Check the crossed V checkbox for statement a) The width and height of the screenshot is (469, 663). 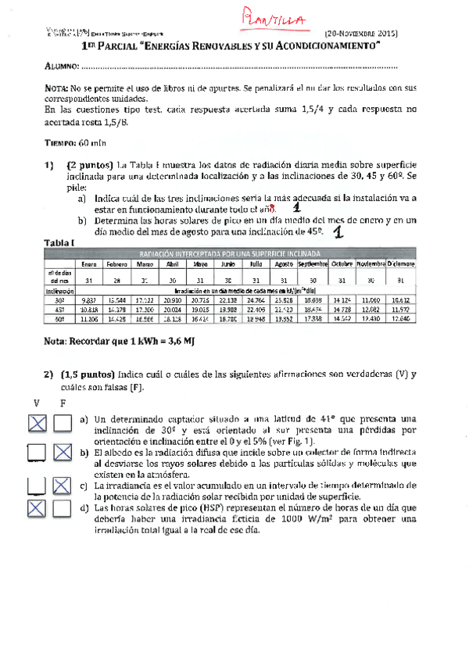click(37, 424)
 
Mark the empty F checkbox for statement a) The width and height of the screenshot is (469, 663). click(63, 424)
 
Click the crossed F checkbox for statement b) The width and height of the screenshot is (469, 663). click(63, 453)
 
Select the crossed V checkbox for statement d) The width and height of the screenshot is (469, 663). click(37, 507)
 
